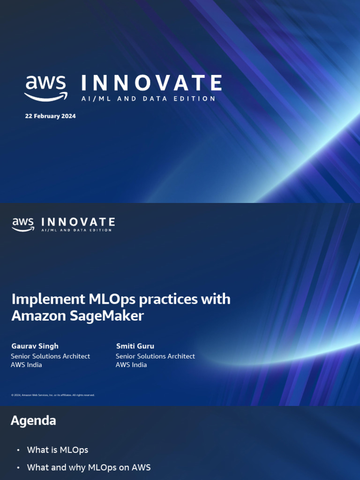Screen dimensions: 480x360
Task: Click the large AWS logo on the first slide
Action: (45, 88)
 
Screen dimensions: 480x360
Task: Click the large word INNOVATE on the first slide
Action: (151, 83)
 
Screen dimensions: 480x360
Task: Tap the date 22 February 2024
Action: (50, 116)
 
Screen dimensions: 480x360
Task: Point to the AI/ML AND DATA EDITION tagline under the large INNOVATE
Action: (148, 99)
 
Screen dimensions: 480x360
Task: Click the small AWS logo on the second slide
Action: (23, 224)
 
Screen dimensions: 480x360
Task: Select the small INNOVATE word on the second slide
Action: (78, 222)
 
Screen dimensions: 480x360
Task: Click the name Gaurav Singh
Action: (35, 346)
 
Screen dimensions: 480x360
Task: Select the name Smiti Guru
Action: (135, 346)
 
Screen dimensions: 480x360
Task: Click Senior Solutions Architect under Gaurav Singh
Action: (50, 356)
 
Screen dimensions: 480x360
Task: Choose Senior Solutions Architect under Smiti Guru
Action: (155, 356)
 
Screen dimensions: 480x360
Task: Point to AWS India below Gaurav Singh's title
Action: (26, 365)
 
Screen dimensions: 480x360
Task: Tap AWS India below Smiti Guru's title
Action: (131, 365)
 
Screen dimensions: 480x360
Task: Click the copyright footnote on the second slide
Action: (53, 395)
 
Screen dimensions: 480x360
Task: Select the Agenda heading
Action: (33, 420)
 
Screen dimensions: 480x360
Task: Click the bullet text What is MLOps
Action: (58, 450)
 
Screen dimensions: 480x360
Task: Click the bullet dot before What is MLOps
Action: (18, 450)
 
